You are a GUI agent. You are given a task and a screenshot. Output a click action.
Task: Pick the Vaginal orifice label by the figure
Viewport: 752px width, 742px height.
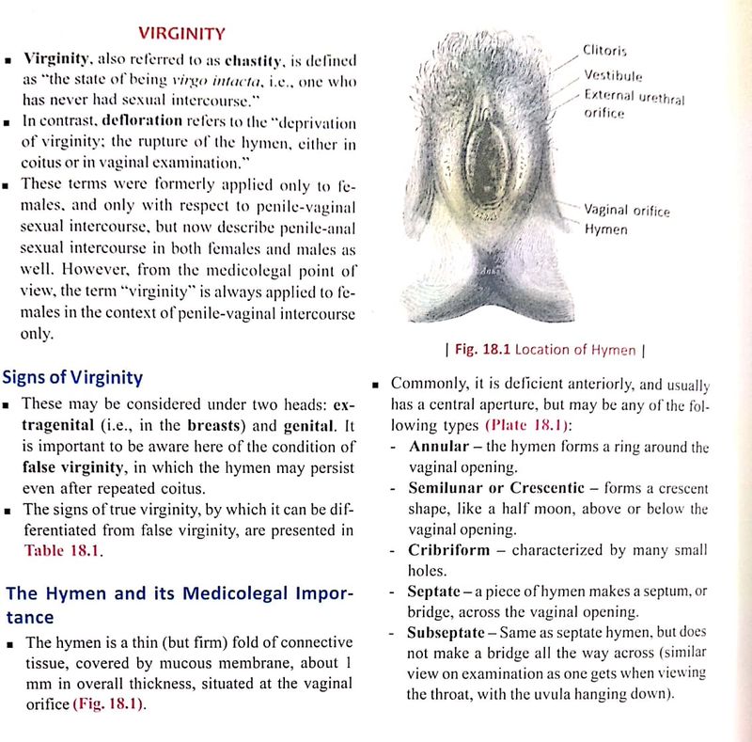click(x=625, y=213)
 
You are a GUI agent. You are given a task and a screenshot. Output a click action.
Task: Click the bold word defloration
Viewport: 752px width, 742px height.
click(x=130, y=122)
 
